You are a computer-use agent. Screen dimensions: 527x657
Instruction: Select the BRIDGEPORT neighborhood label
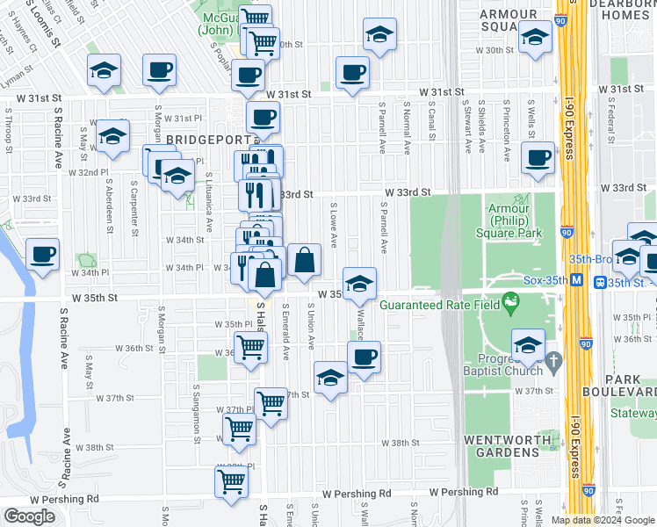[x=206, y=140]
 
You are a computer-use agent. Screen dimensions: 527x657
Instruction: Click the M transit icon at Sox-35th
[x=576, y=281]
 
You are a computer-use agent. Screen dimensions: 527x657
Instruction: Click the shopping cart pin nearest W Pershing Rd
[x=230, y=482]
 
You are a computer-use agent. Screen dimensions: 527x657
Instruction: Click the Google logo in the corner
[x=29, y=516]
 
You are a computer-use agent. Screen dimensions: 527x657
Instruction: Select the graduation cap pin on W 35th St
[x=358, y=284]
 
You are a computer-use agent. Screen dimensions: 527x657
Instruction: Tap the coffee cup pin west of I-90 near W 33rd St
[x=537, y=158]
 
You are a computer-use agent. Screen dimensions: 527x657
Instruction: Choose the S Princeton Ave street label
[x=507, y=130]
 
